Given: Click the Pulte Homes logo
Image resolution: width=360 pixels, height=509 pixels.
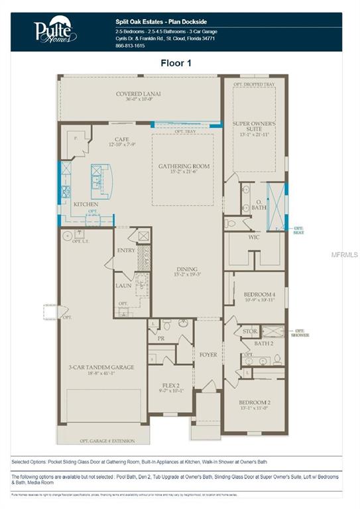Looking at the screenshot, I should [x=54, y=30].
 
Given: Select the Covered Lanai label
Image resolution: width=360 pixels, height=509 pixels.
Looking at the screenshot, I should [x=139, y=94].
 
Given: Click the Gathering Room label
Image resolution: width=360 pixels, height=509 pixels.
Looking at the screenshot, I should [x=184, y=166].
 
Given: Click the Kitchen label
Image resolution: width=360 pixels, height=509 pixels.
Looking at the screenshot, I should [x=86, y=204].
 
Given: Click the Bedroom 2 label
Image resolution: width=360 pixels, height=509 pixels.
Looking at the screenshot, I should [x=254, y=402].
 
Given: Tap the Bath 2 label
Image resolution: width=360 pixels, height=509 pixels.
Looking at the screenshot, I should [x=264, y=343].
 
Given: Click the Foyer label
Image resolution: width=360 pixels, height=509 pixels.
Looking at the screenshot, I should [x=208, y=355].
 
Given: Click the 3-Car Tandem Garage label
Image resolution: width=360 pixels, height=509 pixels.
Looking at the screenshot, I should [x=101, y=367].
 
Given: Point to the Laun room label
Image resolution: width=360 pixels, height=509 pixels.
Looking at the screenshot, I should [x=123, y=286].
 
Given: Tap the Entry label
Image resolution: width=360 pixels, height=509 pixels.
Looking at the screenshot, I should [x=126, y=251].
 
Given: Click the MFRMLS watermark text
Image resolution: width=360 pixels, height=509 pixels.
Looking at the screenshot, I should [x=346, y=254].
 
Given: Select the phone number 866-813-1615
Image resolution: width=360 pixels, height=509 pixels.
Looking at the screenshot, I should [x=129, y=46].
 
